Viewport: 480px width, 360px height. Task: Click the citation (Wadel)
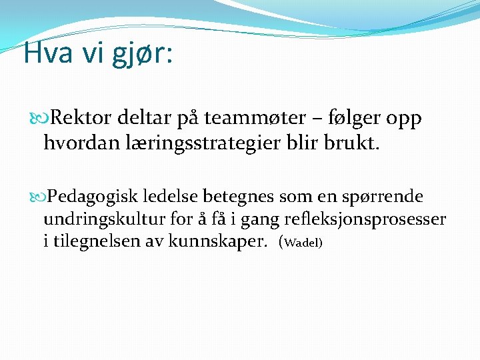[x=303, y=242]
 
